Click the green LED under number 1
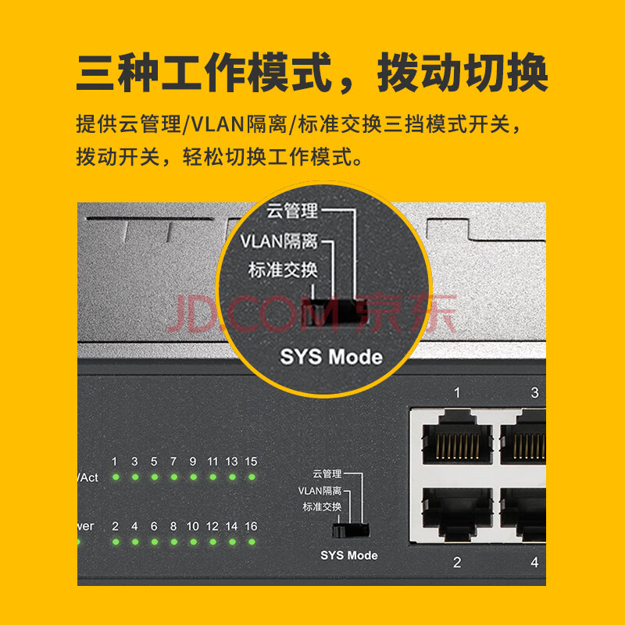coord(116,477)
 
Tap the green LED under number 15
coord(252,477)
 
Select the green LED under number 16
coord(252,541)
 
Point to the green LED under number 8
coord(173,541)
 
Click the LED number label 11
coord(212,462)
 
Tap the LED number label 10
coord(193,527)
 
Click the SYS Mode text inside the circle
coord(331,357)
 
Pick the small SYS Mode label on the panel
coord(349,555)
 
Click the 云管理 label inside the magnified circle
coord(292,211)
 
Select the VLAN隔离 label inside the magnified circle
coord(279,241)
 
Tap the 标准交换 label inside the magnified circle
coord(283,270)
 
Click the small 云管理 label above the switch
coord(327,473)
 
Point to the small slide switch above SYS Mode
coord(351,530)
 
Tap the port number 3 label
coord(534,393)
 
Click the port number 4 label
coord(534,562)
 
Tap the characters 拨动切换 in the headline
coord(462,73)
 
